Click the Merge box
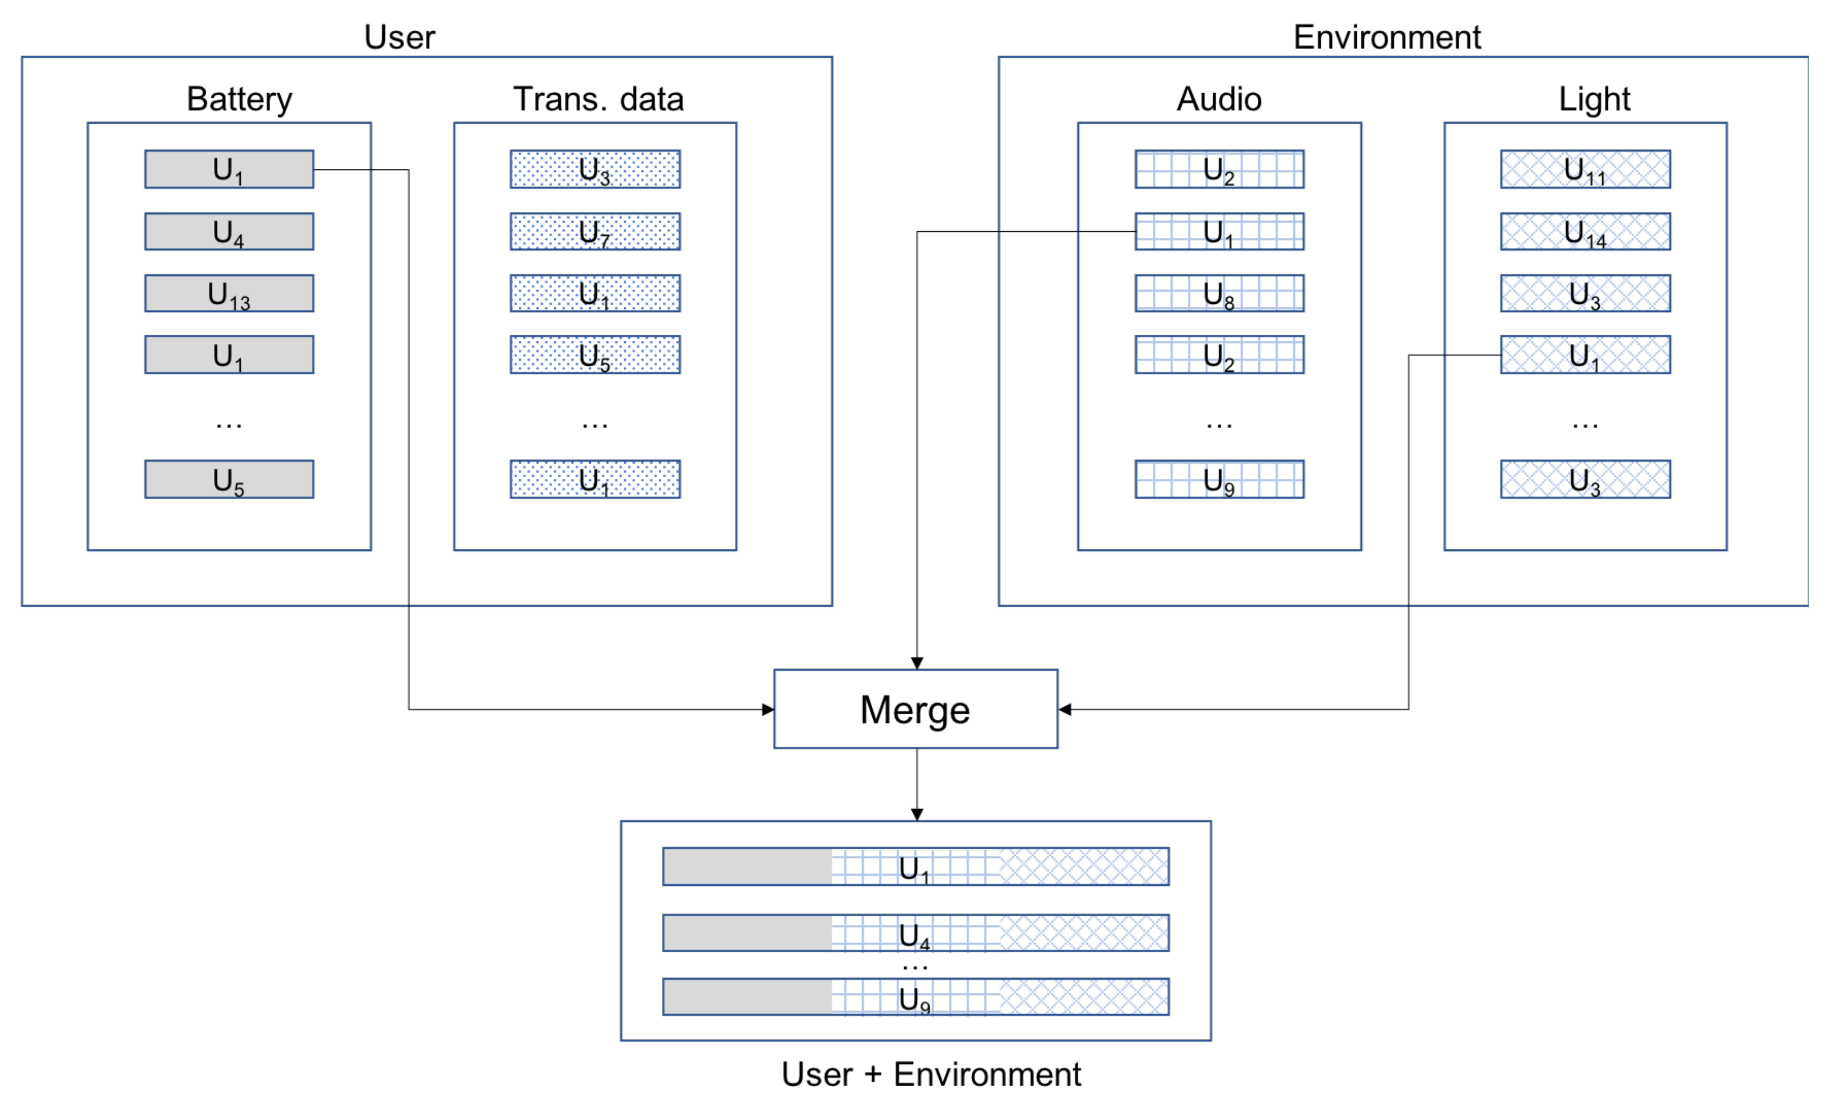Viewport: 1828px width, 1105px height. (x=916, y=710)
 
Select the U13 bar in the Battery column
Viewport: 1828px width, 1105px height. (x=229, y=294)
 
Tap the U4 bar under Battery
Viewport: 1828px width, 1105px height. (x=229, y=232)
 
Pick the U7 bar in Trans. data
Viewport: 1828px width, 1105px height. (x=595, y=232)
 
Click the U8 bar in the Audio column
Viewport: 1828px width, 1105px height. (x=1219, y=294)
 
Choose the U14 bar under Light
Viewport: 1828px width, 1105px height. (x=1585, y=232)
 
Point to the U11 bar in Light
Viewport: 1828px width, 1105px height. (x=1585, y=169)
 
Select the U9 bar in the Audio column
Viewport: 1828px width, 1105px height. (x=1219, y=480)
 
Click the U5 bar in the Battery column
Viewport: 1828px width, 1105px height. (x=229, y=480)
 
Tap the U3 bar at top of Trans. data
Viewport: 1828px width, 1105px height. (x=595, y=169)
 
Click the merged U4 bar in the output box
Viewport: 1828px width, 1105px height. (x=916, y=933)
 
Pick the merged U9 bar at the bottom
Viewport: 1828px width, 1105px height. (x=916, y=997)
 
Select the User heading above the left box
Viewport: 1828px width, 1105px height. (x=399, y=37)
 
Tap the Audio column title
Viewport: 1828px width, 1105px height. (x=1219, y=98)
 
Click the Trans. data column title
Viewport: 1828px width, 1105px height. (x=598, y=98)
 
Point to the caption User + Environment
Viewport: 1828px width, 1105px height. (x=931, y=1074)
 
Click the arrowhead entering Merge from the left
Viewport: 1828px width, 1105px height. (x=769, y=710)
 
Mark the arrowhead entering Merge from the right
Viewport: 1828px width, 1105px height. (x=1064, y=710)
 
